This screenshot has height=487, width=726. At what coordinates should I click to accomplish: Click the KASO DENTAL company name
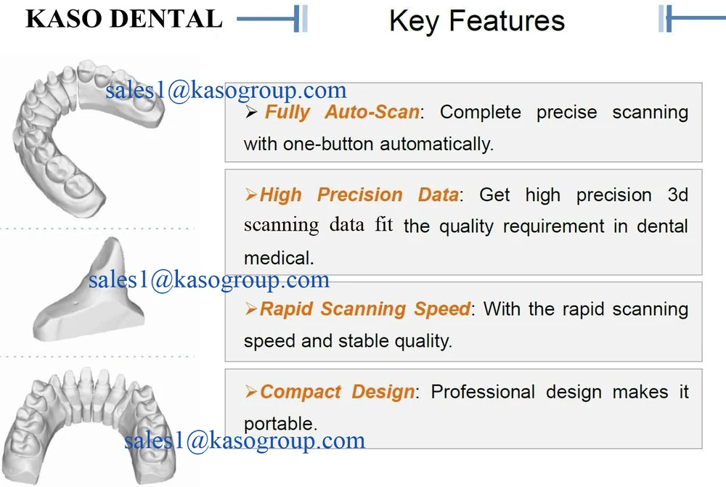(x=123, y=19)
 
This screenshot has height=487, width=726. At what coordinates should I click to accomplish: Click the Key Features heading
(x=476, y=20)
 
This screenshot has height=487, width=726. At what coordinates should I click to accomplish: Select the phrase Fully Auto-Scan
(x=342, y=112)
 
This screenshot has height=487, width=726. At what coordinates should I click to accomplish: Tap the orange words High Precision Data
(x=359, y=195)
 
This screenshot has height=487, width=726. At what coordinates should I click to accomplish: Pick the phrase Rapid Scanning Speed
(x=365, y=309)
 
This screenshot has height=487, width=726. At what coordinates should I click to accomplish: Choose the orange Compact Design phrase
(x=338, y=392)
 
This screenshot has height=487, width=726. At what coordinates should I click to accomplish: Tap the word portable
(x=280, y=424)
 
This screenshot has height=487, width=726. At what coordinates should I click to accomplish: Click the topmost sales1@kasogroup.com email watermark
(x=226, y=91)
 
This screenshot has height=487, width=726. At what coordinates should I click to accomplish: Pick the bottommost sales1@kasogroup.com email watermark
(x=244, y=441)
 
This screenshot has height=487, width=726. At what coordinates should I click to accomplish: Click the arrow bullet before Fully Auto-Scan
(x=252, y=113)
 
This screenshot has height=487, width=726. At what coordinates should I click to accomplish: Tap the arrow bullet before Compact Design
(x=251, y=393)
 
